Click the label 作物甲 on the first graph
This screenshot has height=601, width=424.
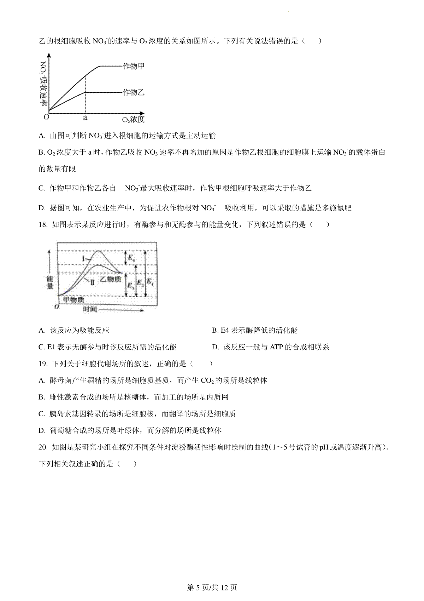click(x=133, y=66)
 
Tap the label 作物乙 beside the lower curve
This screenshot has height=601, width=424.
click(x=133, y=92)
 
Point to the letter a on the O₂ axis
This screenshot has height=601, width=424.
click(x=85, y=118)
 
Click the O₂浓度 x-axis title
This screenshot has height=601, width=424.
click(x=133, y=120)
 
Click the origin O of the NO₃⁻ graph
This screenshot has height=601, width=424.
click(x=46, y=117)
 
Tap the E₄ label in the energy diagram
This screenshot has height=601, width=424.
click(x=131, y=259)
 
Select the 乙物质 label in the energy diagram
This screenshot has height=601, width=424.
click(x=111, y=279)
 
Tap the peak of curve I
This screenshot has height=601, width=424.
click(x=98, y=251)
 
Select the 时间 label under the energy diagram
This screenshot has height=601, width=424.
click(x=90, y=309)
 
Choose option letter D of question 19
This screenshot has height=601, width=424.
click(x=42, y=431)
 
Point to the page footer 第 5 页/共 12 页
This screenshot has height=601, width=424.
click(x=212, y=588)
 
